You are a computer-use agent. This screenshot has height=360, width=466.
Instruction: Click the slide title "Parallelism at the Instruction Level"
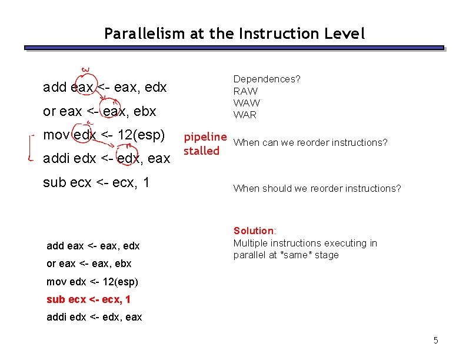tap(234, 34)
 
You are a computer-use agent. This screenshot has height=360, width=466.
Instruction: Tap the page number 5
tap(435, 340)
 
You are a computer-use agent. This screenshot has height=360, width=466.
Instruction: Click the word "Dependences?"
tap(267, 78)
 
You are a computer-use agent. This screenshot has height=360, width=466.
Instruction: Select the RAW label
tap(245, 91)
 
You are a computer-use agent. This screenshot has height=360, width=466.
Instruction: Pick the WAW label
tap(247, 103)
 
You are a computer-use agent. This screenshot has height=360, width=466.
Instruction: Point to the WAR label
tap(245, 115)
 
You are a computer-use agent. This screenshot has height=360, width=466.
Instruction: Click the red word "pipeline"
tap(205, 137)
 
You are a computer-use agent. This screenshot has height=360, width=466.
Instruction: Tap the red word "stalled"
tap(201, 151)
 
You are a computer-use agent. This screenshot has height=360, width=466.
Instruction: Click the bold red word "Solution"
tap(254, 231)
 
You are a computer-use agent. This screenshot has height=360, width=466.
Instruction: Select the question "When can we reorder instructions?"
tap(310, 142)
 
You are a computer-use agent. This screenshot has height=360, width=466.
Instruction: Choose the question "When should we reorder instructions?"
tap(317, 188)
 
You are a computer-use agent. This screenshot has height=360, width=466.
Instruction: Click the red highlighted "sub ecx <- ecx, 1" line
tap(88, 299)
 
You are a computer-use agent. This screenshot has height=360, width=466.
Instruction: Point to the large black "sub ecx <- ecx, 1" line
tap(96, 182)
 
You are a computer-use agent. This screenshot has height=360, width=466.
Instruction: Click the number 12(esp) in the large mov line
tap(142, 135)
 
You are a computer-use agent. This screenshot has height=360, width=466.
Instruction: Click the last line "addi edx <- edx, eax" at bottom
tap(94, 317)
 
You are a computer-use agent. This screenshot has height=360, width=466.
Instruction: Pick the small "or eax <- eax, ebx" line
tap(89, 264)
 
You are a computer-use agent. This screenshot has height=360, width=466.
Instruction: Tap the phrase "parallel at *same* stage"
tap(286, 255)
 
